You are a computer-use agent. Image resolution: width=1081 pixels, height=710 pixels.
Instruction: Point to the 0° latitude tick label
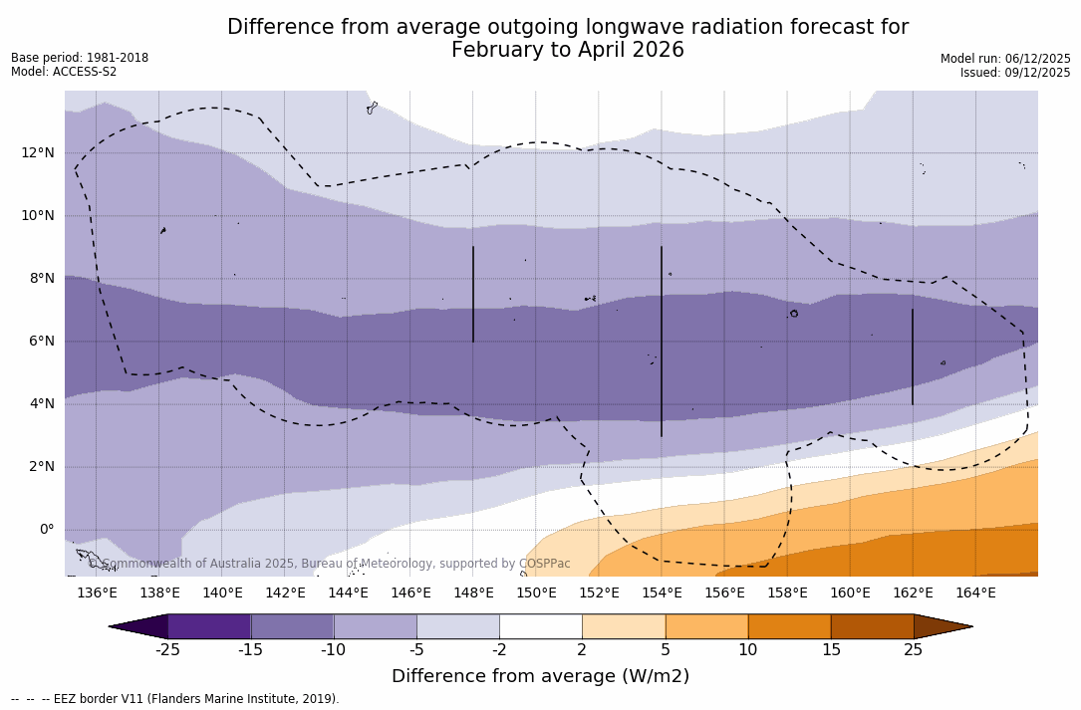(47, 529)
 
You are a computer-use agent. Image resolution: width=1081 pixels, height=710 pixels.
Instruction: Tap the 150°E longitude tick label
(536, 592)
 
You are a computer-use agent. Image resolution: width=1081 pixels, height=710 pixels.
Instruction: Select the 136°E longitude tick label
(97, 592)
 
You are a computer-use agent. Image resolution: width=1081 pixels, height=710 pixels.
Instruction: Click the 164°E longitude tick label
(975, 592)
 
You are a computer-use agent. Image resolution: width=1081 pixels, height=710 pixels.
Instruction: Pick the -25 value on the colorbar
(167, 650)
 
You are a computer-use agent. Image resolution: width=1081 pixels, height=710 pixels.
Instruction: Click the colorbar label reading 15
(830, 650)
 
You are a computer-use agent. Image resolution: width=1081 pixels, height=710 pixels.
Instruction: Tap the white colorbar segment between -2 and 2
(540, 626)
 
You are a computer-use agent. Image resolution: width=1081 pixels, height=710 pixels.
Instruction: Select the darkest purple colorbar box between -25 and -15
(209, 626)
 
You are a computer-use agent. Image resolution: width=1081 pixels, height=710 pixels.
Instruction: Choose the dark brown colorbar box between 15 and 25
(872, 626)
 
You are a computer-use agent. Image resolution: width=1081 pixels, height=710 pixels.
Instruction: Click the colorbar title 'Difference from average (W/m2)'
(540, 676)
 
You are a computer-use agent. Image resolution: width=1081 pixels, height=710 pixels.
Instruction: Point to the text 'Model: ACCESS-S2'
(64, 72)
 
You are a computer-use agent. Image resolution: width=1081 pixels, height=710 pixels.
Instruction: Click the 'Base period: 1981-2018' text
(80, 58)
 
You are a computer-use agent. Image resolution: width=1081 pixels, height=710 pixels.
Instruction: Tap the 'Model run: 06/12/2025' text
(1005, 59)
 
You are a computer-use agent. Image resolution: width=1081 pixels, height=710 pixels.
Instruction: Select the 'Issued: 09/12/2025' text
(1015, 73)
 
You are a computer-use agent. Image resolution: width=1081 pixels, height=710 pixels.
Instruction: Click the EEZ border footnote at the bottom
(175, 699)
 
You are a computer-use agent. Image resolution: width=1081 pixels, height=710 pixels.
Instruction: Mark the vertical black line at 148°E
(473, 294)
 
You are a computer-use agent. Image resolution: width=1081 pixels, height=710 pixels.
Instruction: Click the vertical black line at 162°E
(913, 356)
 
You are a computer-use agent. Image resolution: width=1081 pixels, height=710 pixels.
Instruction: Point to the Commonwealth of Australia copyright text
(329, 564)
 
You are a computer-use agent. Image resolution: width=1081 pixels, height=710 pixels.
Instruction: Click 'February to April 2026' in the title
(568, 51)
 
